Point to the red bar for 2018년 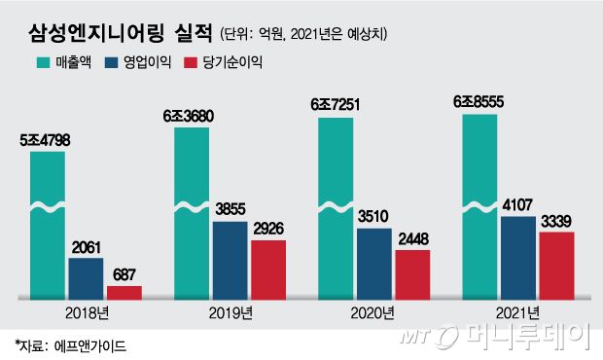tap(124, 291)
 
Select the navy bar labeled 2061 tap(86, 277)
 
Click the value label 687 tap(124, 275)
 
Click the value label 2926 tap(267, 230)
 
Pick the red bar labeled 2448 tap(411, 272)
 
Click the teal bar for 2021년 tap(480, 204)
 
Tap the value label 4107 tap(518, 205)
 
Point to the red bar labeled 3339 tap(556, 264)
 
